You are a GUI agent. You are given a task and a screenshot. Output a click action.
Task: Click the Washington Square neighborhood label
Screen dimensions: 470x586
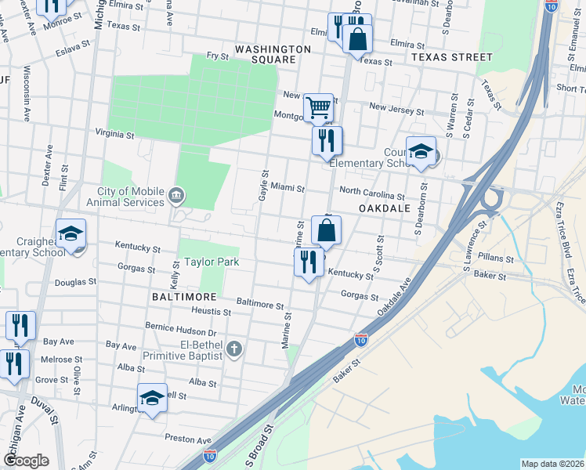tap(273, 54)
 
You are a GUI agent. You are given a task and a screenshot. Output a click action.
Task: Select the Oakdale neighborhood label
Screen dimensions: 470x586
tap(385, 209)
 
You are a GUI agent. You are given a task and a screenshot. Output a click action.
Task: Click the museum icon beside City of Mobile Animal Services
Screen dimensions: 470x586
tap(175, 193)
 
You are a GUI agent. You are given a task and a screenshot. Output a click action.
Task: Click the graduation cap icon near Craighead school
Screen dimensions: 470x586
tap(71, 233)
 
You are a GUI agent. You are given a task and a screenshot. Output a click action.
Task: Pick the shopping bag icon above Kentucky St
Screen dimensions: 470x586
tap(326, 230)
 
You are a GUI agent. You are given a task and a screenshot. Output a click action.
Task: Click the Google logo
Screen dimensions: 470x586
tap(26, 460)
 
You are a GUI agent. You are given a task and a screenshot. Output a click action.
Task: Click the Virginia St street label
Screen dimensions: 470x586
tap(114, 135)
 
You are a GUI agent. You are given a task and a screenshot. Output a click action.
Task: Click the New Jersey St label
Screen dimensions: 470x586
tap(396, 110)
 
